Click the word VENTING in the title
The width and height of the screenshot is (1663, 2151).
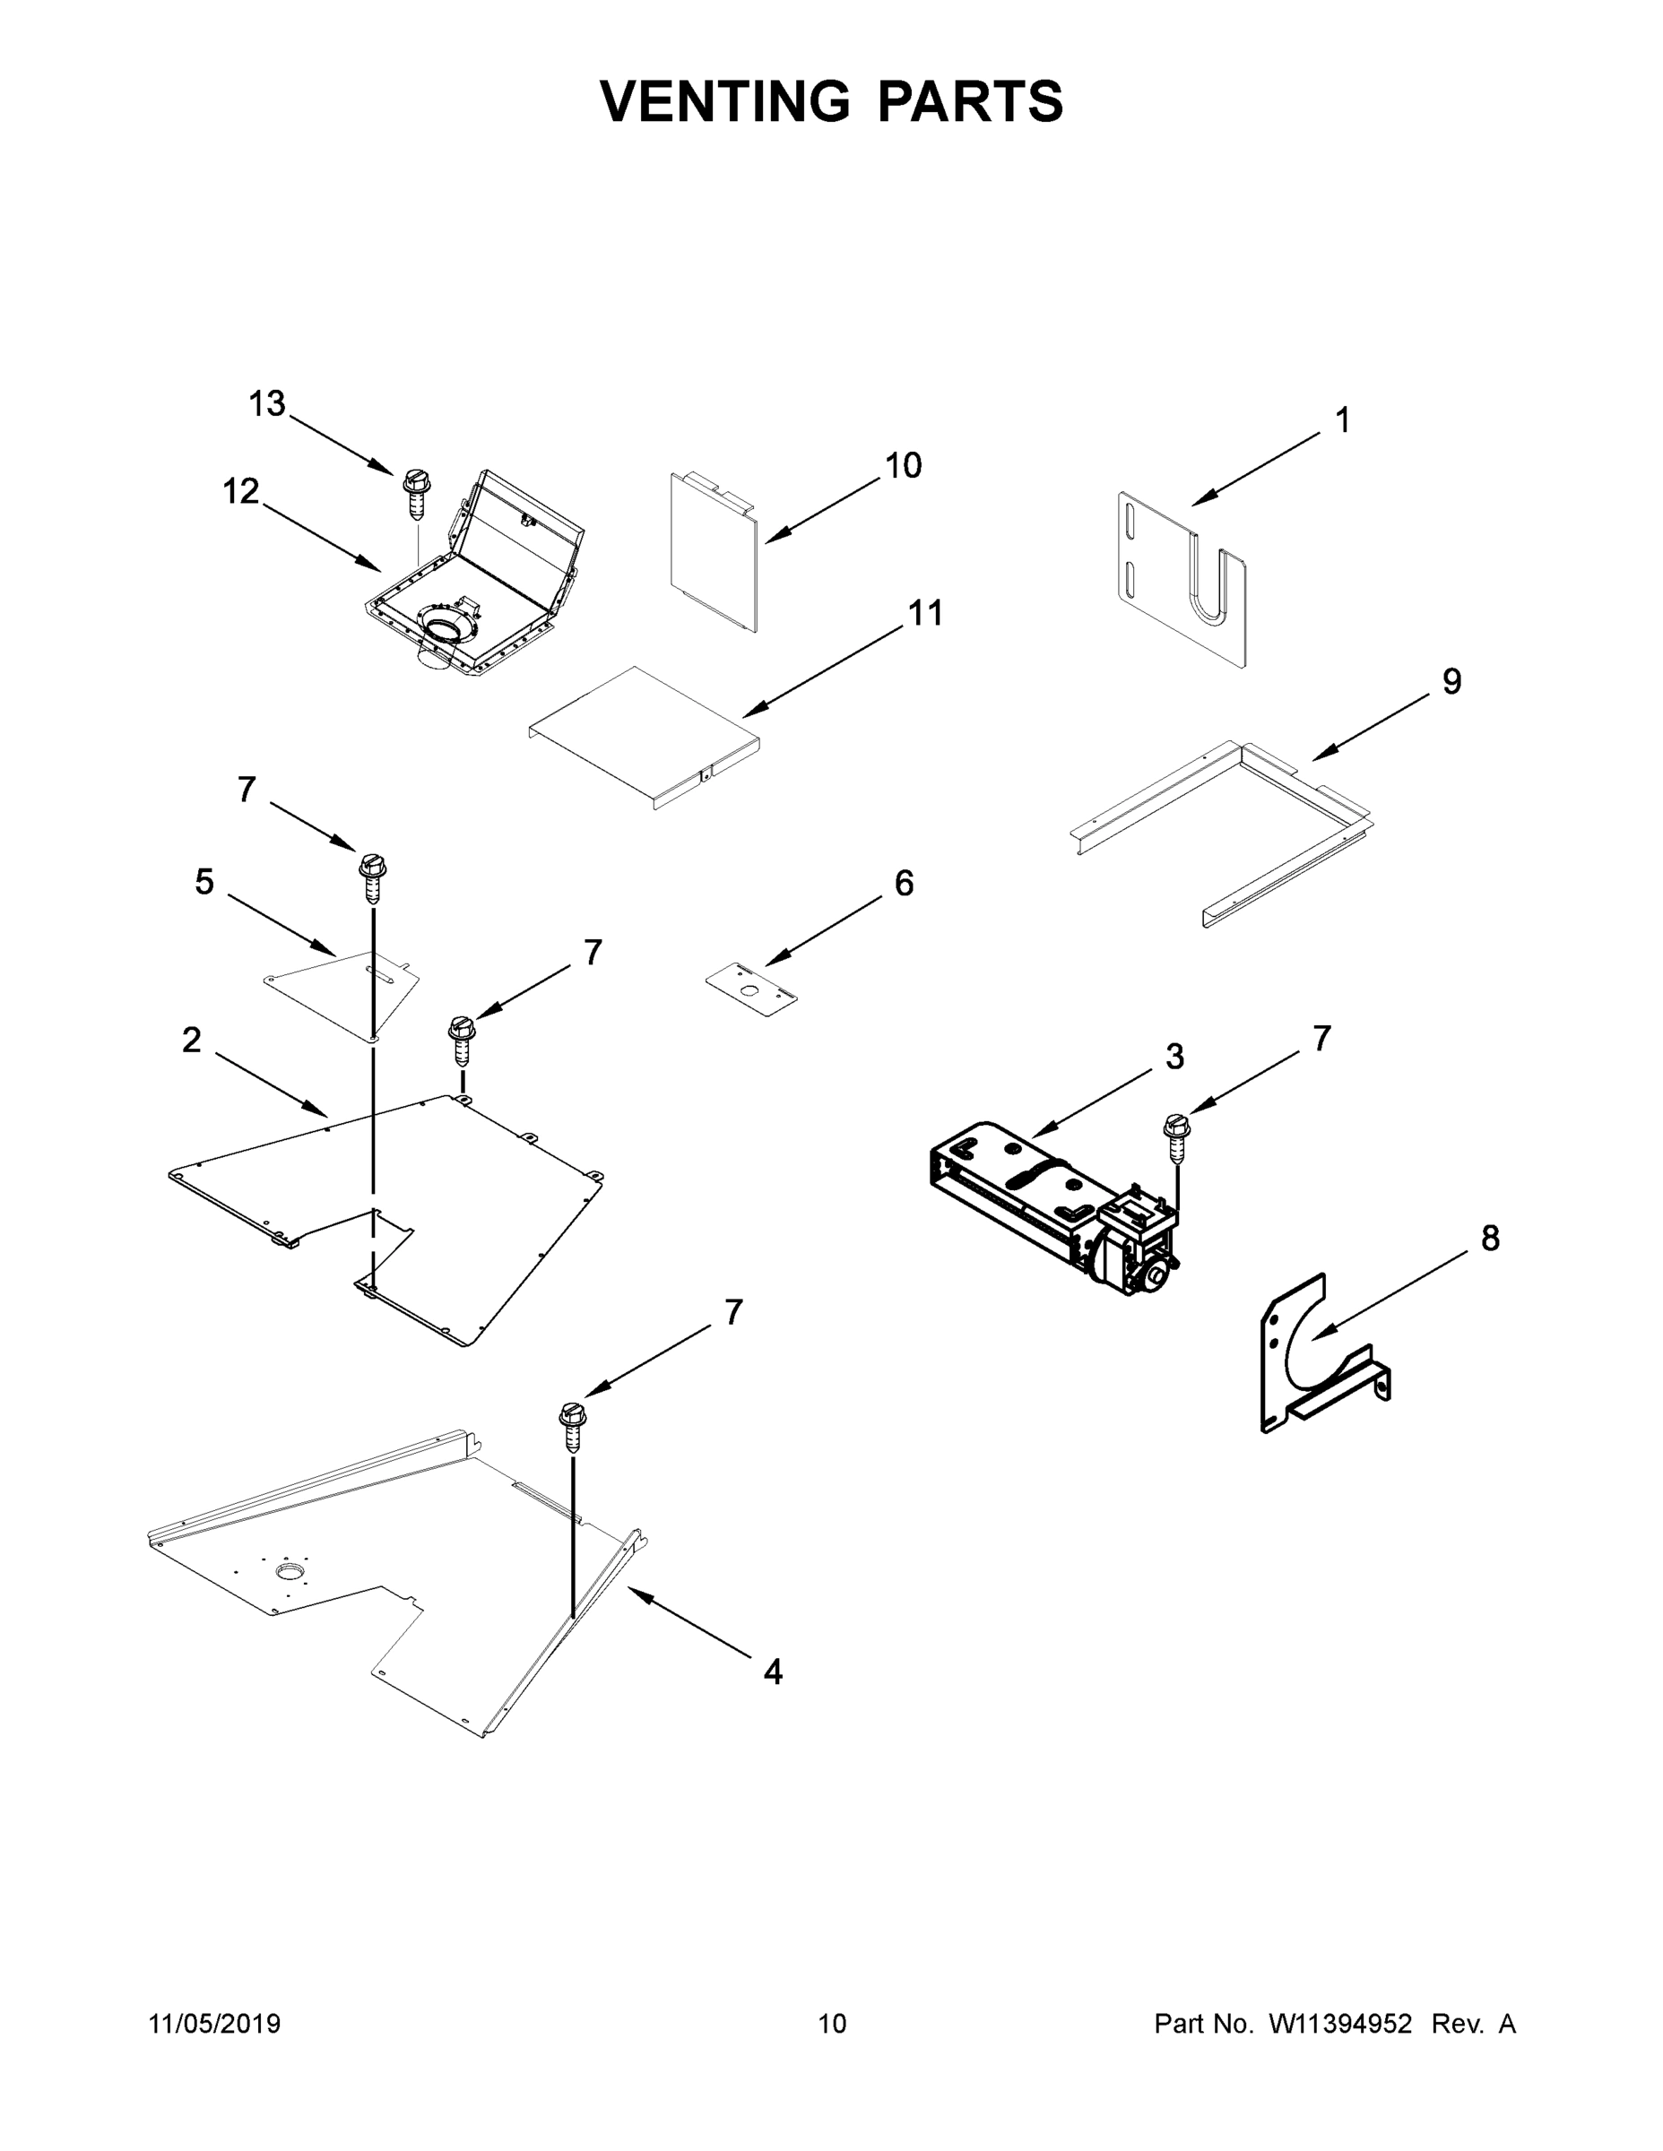(x=725, y=100)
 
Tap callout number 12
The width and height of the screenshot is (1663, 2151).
(x=240, y=490)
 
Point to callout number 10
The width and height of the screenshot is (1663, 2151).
(x=903, y=465)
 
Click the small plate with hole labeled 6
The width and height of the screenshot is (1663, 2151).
(x=751, y=989)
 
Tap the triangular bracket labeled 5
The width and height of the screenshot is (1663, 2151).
(x=345, y=989)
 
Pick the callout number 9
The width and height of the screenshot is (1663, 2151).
(x=1451, y=680)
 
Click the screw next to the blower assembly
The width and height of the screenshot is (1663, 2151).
(x=1176, y=1137)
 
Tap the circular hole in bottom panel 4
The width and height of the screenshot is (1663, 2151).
(x=290, y=1569)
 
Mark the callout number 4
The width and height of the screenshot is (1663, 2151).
(x=773, y=1671)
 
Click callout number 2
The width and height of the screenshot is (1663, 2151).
(x=191, y=1039)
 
